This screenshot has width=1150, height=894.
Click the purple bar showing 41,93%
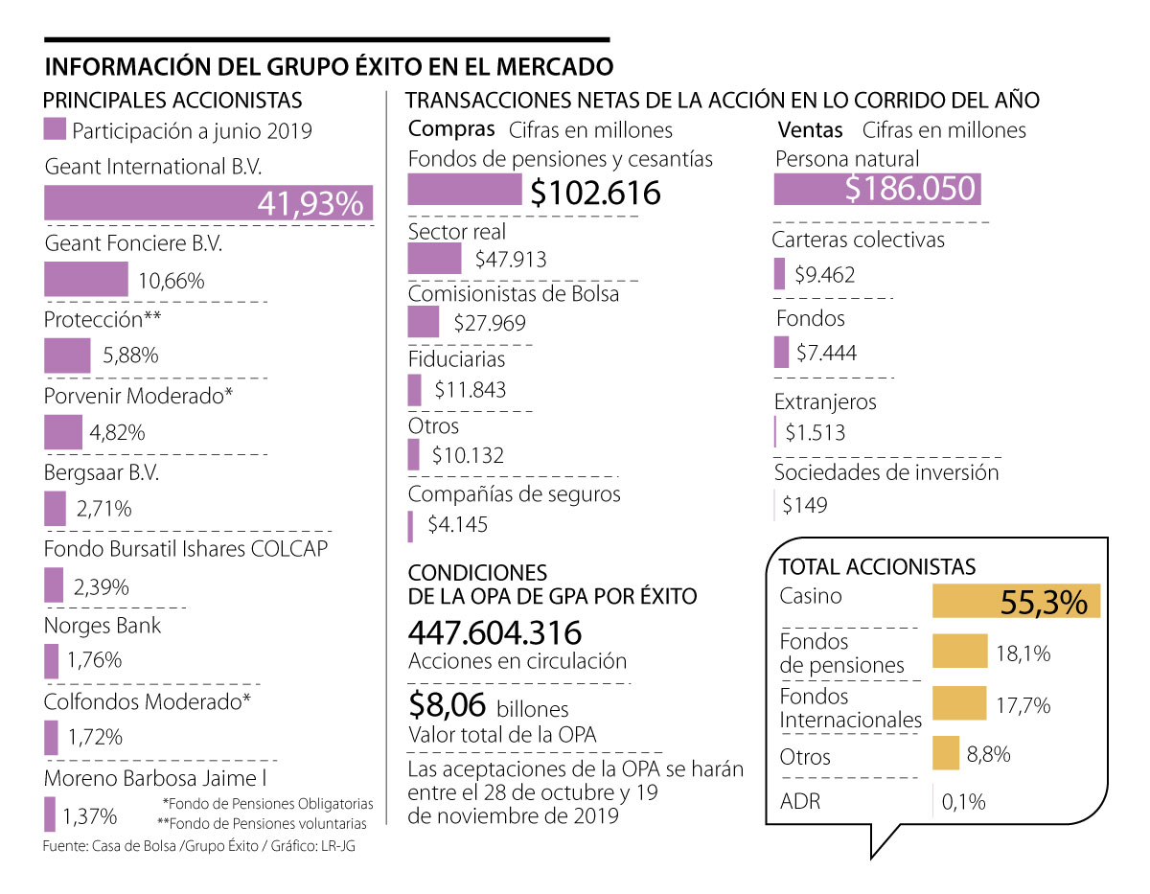pyautogui.click(x=208, y=203)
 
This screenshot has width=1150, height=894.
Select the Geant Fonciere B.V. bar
pyautogui.click(x=86, y=280)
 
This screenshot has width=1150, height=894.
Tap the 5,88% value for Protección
pyautogui.click(x=130, y=355)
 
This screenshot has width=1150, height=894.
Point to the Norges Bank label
pyautogui.click(x=103, y=626)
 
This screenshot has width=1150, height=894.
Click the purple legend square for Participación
pyautogui.click(x=56, y=129)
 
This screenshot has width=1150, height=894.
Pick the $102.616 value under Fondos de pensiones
pyautogui.click(x=595, y=193)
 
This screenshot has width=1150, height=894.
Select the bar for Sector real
pyautogui.click(x=434, y=259)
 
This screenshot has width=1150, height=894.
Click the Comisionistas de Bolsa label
pyautogui.click(x=514, y=294)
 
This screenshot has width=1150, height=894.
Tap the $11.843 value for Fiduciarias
pyautogui.click(x=470, y=390)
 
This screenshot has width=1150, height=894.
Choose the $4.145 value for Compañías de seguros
pyautogui.click(x=457, y=525)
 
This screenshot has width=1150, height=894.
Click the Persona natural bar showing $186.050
pyautogui.click(x=879, y=190)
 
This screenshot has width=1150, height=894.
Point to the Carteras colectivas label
pyautogui.click(x=859, y=240)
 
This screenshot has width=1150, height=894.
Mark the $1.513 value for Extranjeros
pyautogui.click(x=815, y=432)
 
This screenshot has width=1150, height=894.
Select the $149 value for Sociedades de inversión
pyautogui.click(x=804, y=505)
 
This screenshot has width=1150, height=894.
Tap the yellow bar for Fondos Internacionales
pyautogui.click(x=959, y=703)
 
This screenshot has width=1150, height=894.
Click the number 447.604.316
pyautogui.click(x=494, y=633)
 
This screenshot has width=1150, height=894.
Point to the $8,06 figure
pyautogui.click(x=448, y=706)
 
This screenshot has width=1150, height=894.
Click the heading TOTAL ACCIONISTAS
pyautogui.click(x=877, y=567)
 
